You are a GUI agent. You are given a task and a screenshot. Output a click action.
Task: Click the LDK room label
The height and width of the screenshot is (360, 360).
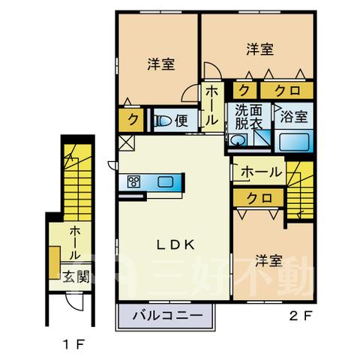pos(175,245)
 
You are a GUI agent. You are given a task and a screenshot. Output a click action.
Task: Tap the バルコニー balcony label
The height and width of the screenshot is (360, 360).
pos(167,316)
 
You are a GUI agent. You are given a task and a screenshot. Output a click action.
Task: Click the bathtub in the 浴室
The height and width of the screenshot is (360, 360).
pos(294,142)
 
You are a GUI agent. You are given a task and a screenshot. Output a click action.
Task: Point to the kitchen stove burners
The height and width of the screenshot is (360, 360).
pos(133,181)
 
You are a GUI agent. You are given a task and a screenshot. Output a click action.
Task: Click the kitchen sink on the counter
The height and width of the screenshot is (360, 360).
pos(165,181)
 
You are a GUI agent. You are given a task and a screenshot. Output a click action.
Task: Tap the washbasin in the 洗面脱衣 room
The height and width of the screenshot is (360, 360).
pos(237,140)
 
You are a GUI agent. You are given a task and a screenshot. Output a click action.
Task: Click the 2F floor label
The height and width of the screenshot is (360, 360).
pos(301,316)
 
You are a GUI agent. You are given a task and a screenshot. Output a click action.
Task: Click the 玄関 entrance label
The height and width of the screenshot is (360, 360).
pos(76,277)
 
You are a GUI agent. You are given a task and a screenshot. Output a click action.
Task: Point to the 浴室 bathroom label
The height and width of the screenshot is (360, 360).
pos(294,116)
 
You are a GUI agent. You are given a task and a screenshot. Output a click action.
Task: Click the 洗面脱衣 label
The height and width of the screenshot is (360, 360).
pos(249,117)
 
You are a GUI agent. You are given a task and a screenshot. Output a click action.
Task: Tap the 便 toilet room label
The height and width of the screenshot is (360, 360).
pos(181,121)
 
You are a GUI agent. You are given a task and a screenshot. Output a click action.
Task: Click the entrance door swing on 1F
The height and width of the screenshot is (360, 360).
pos(73,301)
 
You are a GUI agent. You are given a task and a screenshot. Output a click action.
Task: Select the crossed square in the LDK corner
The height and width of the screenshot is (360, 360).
pos(126,143)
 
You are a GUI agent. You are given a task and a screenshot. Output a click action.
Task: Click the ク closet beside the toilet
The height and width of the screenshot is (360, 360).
pos(131,120)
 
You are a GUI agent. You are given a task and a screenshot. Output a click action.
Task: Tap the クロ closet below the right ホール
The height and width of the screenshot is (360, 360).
pos(259,198)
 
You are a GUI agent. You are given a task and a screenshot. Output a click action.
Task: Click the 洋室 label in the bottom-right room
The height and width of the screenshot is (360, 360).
pos(268,260)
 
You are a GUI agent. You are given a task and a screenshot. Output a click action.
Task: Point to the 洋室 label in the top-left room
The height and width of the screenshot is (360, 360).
pos(161,64)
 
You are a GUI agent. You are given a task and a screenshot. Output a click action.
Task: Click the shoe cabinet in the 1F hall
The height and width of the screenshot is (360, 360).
pos(55,262)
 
